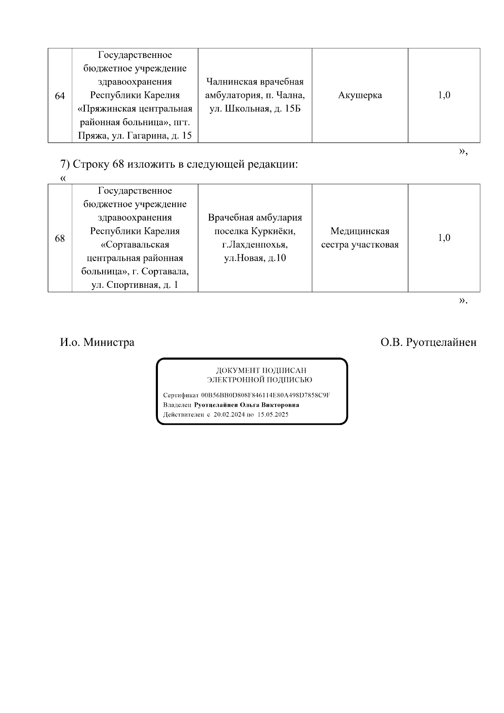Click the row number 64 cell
coord(60,96)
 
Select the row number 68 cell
coord(60,238)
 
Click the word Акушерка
coord(360,95)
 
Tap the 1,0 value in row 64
coord(444,95)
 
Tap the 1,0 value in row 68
coord(444,238)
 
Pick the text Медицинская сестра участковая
coord(360,238)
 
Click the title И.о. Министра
coord(97,342)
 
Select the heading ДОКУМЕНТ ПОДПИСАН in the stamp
coord(261,371)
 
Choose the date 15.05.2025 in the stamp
coord(273,414)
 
